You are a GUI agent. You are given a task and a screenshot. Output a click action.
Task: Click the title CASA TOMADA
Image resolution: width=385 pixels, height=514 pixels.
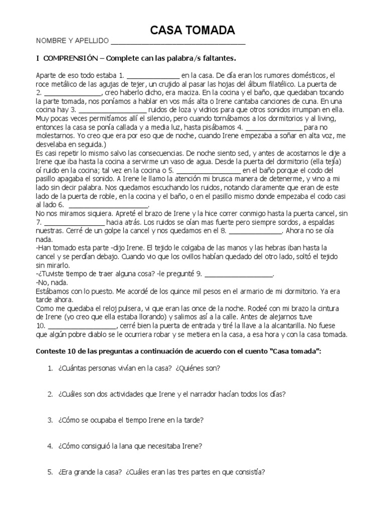(x=193, y=31)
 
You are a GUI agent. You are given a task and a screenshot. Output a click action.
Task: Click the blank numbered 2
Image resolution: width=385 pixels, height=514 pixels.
(x=73, y=93)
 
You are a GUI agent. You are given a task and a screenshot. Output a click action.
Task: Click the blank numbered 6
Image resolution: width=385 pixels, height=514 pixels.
(x=108, y=206)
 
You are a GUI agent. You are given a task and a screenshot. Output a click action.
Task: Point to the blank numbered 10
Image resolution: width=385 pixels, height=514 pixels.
(x=82, y=326)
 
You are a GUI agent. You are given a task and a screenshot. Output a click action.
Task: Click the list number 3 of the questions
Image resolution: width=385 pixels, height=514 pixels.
(x=50, y=420)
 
